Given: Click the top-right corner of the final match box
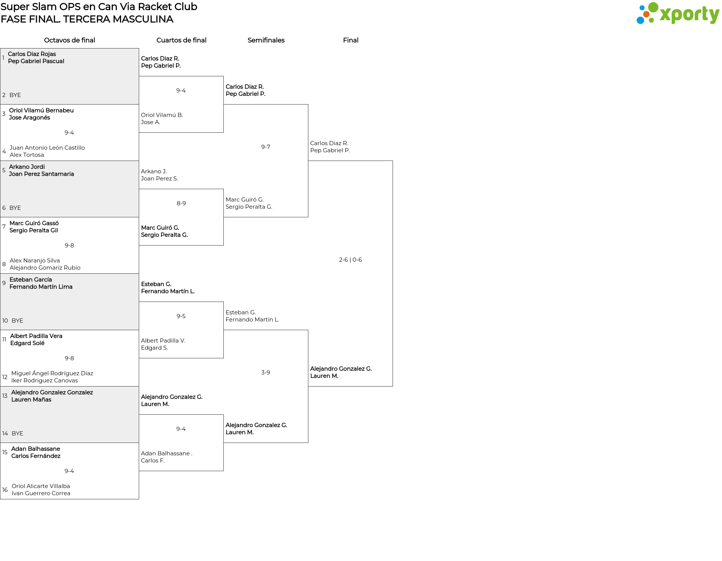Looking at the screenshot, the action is click(x=393, y=161).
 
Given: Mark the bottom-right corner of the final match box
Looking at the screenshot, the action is click(x=393, y=386).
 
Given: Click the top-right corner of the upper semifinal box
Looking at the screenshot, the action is click(x=308, y=105).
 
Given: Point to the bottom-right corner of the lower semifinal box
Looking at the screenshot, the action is click(x=308, y=443).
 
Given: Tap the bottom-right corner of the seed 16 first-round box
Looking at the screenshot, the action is click(x=139, y=499).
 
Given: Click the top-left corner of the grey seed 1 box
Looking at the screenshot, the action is click(x=0, y=49).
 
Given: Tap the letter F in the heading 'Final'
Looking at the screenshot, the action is click(x=345, y=40).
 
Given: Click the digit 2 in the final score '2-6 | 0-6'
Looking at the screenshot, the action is click(x=341, y=260).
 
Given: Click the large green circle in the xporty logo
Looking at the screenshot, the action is click(x=653, y=8).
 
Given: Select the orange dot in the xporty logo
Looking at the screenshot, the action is click(x=646, y=14).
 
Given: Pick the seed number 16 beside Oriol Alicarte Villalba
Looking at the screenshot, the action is click(x=5, y=490).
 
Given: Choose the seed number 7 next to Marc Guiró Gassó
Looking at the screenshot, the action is click(x=4, y=227).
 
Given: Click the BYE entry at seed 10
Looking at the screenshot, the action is click(x=17, y=321).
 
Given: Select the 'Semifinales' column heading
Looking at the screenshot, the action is click(x=266, y=40).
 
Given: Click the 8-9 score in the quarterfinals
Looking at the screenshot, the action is click(x=181, y=203).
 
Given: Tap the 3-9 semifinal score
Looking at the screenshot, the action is click(x=265, y=373).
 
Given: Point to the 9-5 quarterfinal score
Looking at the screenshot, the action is click(x=181, y=316).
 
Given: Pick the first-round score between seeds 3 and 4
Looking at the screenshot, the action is click(x=69, y=133).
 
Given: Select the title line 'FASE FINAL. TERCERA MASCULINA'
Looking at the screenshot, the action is click(x=87, y=19).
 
